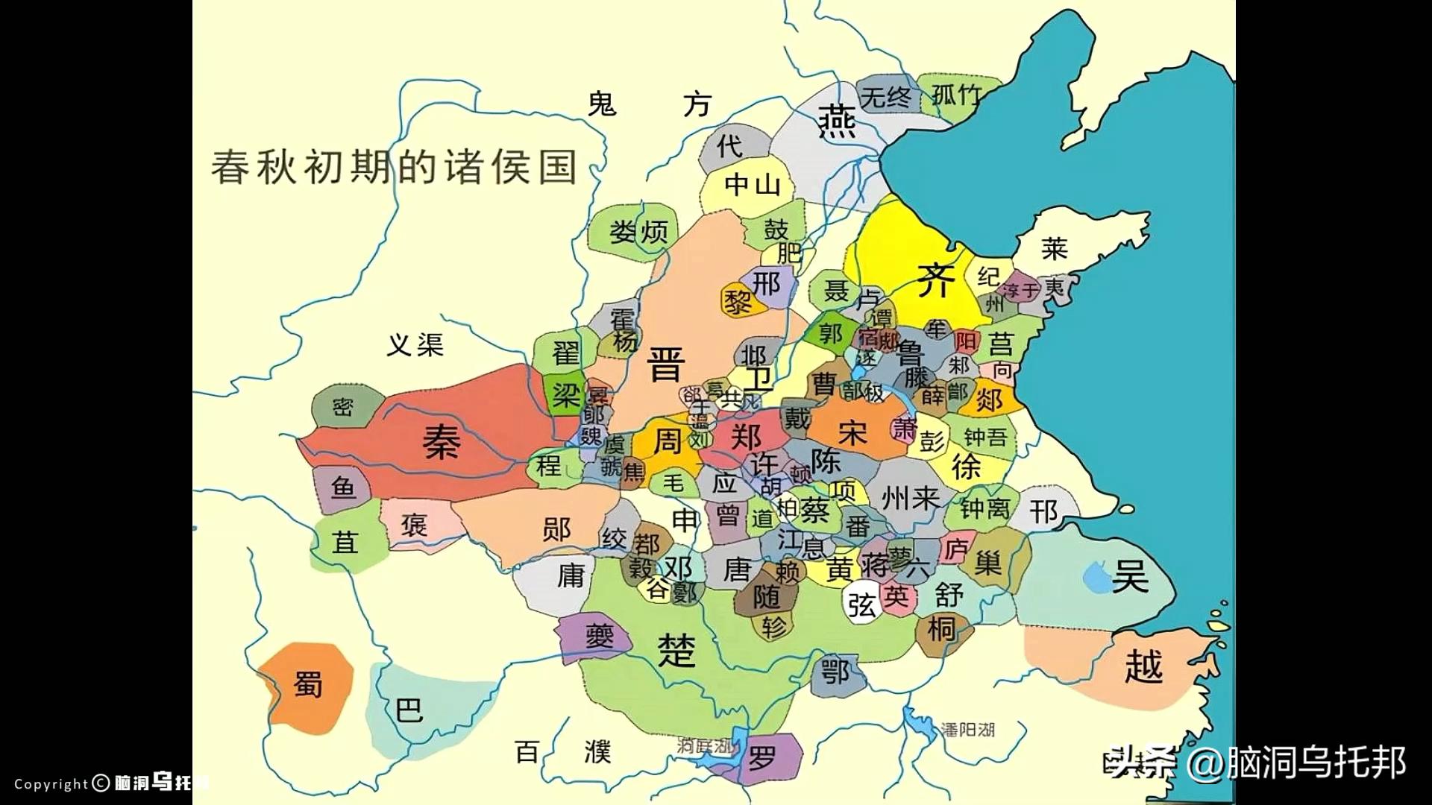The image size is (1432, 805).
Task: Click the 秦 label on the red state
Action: pyautogui.click(x=442, y=441)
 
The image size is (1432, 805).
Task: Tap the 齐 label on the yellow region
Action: pyautogui.click(x=935, y=280)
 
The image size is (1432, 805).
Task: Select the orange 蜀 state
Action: pyautogui.click(x=308, y=684)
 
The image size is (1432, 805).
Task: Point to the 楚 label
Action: pyautogui.click(x=676, y=650)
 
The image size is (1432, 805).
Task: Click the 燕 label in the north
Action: pyautogui.click(x=837, y=121)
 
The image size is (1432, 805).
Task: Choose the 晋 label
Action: pyautogui.click(x=665, y=365)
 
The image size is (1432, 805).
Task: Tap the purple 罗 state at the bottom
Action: pyautogui.click(x=762, y=759)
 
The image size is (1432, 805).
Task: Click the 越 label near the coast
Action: pyautogui.click(x=1143, y=666)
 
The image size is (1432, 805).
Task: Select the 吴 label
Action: pyautogui.click(x=1130, y=575)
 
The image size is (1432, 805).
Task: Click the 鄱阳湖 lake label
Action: pyautogui.click(x=967, y=730)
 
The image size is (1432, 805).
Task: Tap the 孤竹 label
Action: pyautogui.click(x=955, y=95)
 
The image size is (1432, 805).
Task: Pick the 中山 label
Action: pyautogui.click(x=752, y=184)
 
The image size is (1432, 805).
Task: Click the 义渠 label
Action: pyautogui.click(x=415, y=344)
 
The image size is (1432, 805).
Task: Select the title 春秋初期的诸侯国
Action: pyautogui.click(x=394, y=167)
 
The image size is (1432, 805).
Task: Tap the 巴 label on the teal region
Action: pyautogui.click(x=409, y=710)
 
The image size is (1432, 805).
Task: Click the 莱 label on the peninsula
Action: pyautogui.click(x=1054, y=248)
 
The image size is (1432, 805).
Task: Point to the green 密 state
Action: pyautogui.click(x=342, y=407)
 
